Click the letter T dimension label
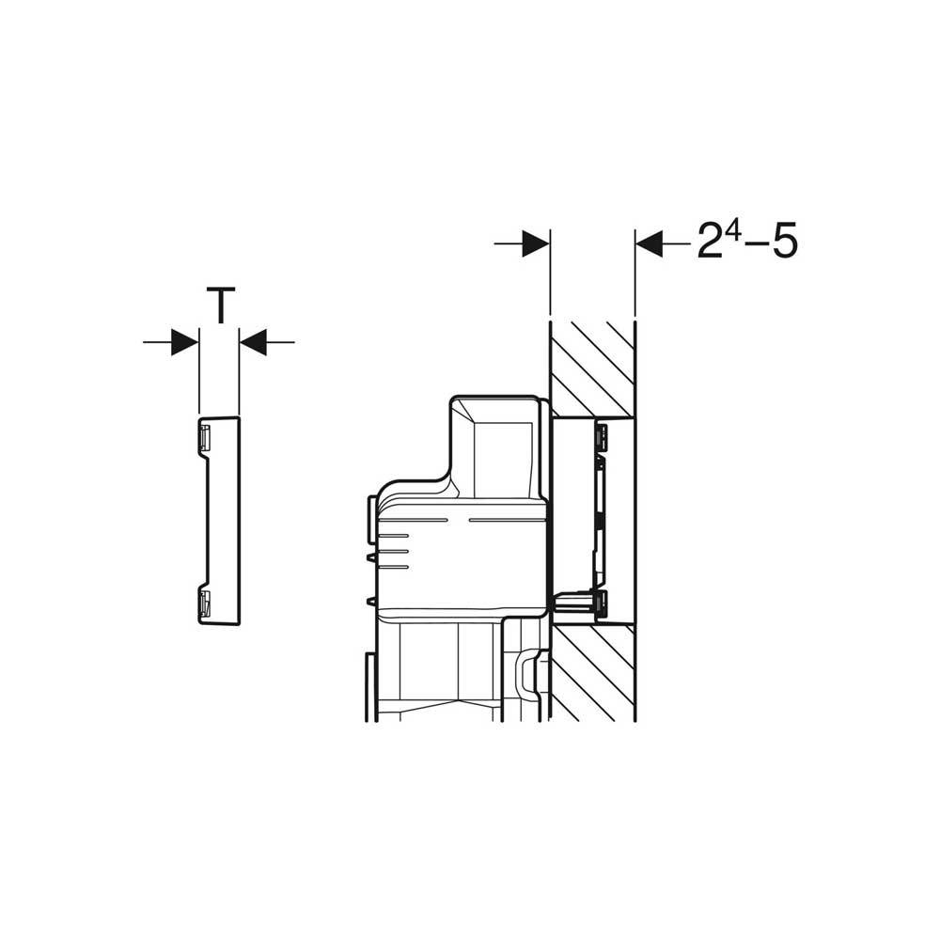(x=221, y=305)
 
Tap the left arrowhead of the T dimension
(x=184, y=342)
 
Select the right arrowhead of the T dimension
(x=253, y=342)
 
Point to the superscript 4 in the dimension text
(x=729, y=230)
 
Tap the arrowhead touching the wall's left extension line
(x=536, y=243)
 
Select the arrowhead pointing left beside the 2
(x=650, y=243)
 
